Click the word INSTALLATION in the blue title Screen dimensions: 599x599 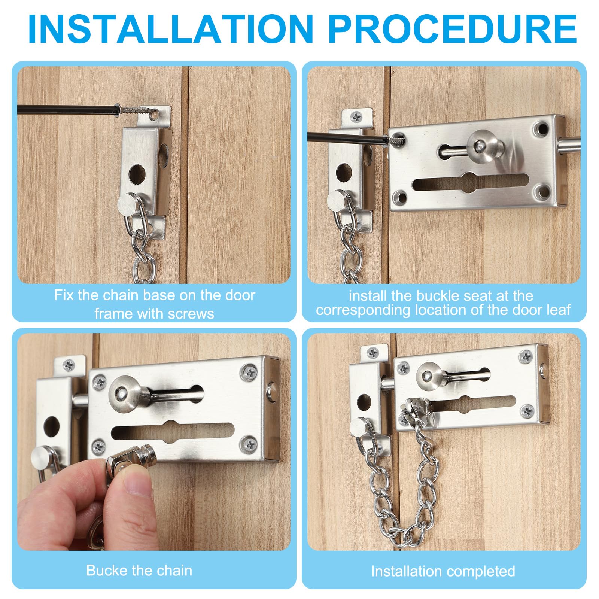click(x=170, y=29)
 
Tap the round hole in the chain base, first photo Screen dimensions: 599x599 click(x=137, y=174)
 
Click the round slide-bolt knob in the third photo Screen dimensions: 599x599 click(x=124, y=395)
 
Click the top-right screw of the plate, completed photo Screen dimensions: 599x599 click(x=526, y=357)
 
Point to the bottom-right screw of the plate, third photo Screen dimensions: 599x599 click(x=249, y=444)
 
